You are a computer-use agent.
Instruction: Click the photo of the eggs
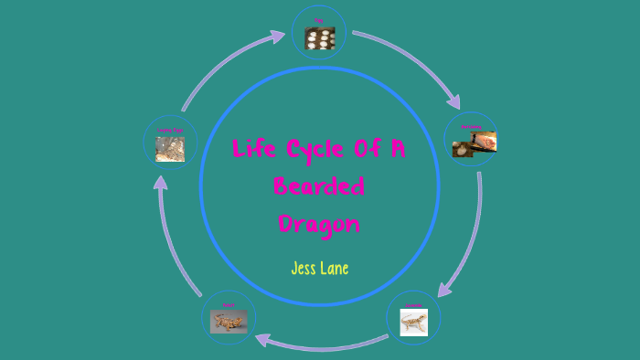pos(319,38)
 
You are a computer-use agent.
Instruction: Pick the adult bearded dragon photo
pos(228,322)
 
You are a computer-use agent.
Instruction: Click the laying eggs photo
pos(170,149)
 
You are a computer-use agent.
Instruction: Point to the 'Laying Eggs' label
pos(169,130)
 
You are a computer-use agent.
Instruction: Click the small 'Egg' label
pos(319,20)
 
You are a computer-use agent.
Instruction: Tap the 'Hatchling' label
pos(470,126)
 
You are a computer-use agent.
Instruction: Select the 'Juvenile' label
pos(413,304)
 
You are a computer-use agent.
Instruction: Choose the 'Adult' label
pos(228,304)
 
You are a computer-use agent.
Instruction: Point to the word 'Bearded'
pos(319,186)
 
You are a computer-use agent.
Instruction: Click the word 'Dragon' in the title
pos(319,224)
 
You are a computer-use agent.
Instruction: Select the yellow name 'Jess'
pos(304,269)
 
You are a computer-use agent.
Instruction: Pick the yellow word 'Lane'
pos(334,269)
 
